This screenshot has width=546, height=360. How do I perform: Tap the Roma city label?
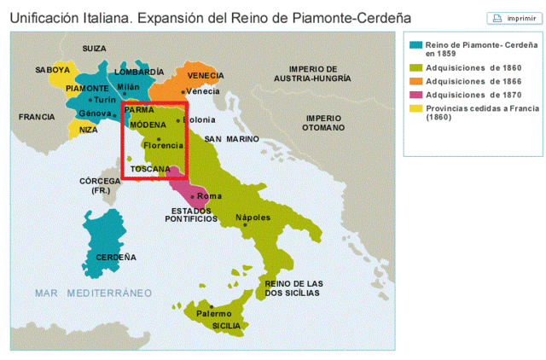click(209, 196)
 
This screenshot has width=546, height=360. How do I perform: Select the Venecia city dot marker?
click(183, 90)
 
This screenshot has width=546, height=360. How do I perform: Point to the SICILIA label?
click(227, 325)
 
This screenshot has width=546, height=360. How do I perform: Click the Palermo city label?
click(214, 313)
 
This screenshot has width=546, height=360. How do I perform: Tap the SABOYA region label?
click(53, 69)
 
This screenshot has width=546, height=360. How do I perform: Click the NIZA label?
click(88, 130)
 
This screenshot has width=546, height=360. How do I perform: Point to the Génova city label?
click(94, 113)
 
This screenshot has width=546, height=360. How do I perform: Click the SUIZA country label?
click(94, 49)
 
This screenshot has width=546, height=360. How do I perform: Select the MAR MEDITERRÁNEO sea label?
click(93, 293)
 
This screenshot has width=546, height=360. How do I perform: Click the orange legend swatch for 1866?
click(415, 81)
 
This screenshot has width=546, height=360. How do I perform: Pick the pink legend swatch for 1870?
click(415, 95)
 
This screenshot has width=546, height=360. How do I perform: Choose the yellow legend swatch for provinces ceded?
click(415, 108)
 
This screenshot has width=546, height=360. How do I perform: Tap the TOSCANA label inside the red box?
click(150, 169)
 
